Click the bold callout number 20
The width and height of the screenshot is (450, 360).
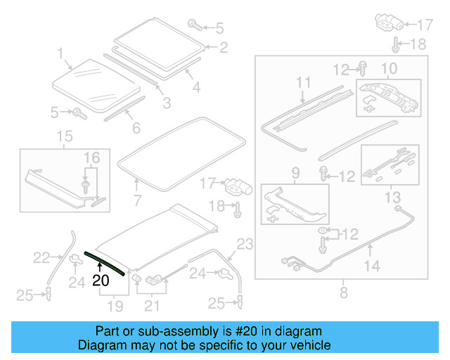click(101, 280)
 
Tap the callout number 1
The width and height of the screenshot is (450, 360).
click(60, 52)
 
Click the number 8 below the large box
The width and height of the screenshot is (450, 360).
click(343, 292)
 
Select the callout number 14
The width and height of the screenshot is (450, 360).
click(373, 266)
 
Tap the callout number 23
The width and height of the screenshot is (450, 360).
click(244, 244)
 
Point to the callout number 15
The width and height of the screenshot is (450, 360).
click(64, 136)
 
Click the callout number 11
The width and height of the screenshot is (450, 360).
click(303, 82)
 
